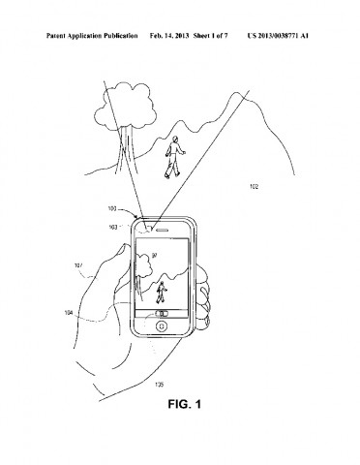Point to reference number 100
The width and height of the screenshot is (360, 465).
click(112, 208)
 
